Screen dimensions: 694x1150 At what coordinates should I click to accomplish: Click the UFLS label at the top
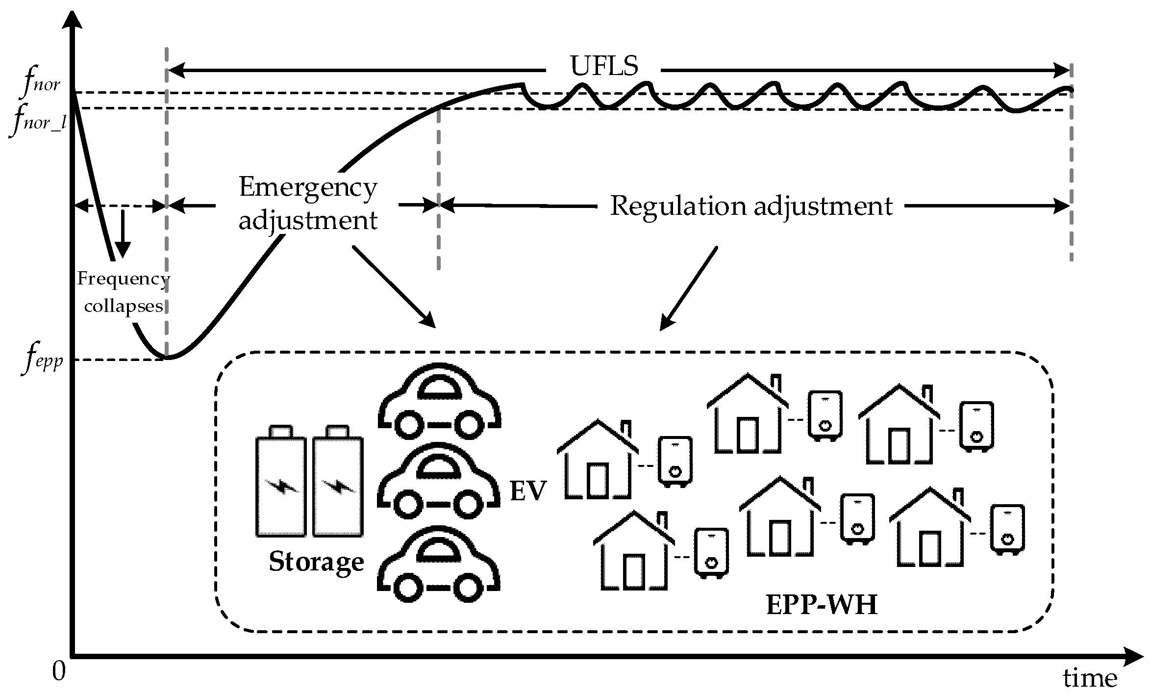(604, 66)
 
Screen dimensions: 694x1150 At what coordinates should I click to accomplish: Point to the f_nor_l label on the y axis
(38, 121)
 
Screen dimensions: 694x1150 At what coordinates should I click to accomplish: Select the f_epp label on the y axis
(42, 361)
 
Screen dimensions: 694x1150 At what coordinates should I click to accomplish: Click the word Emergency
(308, 188)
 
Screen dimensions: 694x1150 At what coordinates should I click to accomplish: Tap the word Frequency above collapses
(123, 279)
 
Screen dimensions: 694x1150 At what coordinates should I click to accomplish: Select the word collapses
(124, 306)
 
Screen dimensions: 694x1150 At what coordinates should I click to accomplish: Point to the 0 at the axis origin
(58, 671)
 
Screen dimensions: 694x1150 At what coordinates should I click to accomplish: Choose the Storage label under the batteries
(316, 562)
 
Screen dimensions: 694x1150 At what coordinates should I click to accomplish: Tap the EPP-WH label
(822, 605)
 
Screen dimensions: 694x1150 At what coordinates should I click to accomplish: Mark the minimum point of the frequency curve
(167, 358)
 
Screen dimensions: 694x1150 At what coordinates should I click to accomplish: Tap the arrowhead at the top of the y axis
(72, 17)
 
